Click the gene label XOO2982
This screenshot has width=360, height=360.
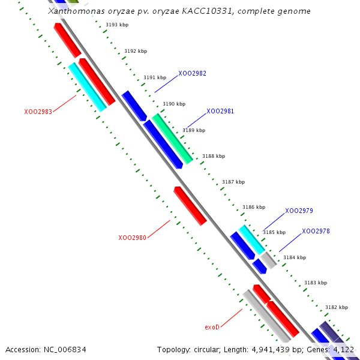pyautogui.click(x=192, y=73)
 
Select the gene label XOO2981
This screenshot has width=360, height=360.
pyautogui.click(x=220, y=111)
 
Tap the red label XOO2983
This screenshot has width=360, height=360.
pyautogui.click(x=38, y=112)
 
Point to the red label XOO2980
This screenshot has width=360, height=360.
pyautogui.click(x=132, y=238)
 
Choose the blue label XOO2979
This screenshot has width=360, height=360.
pyautogui.click(x=299, y=211)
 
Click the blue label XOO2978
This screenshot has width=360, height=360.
pyautogui.click(x=316, y=231)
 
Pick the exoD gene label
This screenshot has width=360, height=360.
pyautogui.click(x=212, y=327)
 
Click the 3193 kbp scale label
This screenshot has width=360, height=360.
pyautogui.click(x=116, y=25)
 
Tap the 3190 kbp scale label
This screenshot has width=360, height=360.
pyautogui.click(x=174, y=104)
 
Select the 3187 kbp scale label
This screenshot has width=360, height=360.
pyautogui.click(x=233, y=182)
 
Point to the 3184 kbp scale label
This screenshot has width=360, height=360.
pyautogui.click(x=295, y=257)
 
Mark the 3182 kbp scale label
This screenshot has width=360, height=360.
pyautogui.click(x=336, y=307)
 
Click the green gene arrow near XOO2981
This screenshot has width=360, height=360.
pyautogui.click(x=172, y=138)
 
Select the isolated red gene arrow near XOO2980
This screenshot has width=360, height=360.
pyautogui.click(x=190, y=206)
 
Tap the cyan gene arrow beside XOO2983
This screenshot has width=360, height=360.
pyautogui.click(x=88, y=87)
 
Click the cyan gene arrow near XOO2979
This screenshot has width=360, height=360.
pyautogui.click(x=252, y=239)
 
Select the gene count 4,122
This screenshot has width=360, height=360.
pyautogui.click(x=343, y=349)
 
